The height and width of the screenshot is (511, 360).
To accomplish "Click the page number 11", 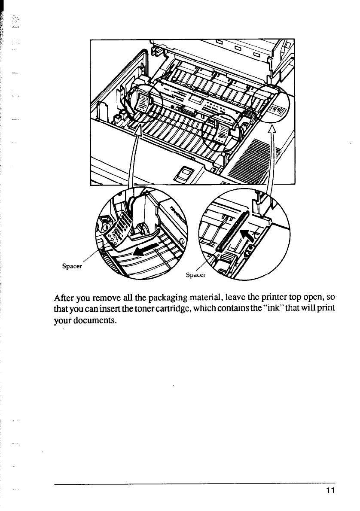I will pyautogui.click(x=329, y=491).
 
